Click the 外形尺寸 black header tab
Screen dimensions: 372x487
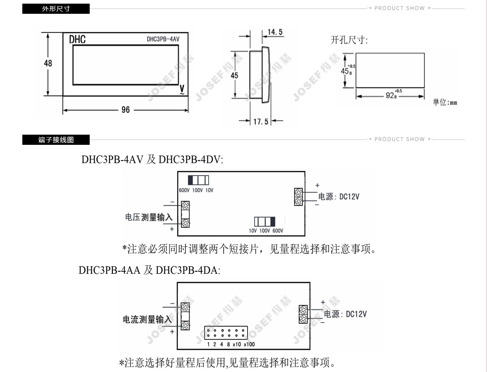[x=56, y=9]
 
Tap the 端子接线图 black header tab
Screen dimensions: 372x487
[x=56, y=140]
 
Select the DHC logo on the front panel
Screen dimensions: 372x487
[x=77, y=39]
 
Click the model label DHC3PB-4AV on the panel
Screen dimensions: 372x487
[x=163, y=39]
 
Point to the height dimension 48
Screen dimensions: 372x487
[x=48, y=63]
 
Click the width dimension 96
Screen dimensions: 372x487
[x=125, y=110]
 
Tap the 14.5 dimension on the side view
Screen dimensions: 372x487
[x=275, y=32]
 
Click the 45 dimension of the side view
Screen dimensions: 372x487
[x=235, y=75]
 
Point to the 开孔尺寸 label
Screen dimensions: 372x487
[x=349, y=40]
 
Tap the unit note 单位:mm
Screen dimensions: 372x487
[x=445, y=102]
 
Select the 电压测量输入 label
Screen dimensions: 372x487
[x=149, y=217]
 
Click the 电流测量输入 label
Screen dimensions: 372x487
[x=147, y=319]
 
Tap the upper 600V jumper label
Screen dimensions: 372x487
[x=184, y=190]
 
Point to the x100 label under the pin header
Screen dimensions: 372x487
[x=249, y=344]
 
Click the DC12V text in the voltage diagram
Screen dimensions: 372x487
[x=349, y=197]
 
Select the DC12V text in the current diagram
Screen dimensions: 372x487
[x=356, y=314]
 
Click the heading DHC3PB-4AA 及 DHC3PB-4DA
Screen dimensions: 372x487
[x=149, y=270]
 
